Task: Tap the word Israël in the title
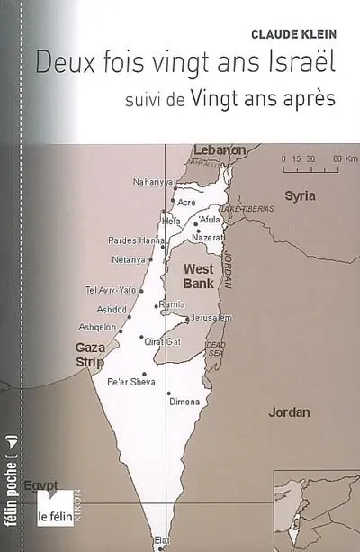pos(296,63)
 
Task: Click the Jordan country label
pos(289,412)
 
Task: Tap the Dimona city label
pos(184,402)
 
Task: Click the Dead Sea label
pos(214,348)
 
